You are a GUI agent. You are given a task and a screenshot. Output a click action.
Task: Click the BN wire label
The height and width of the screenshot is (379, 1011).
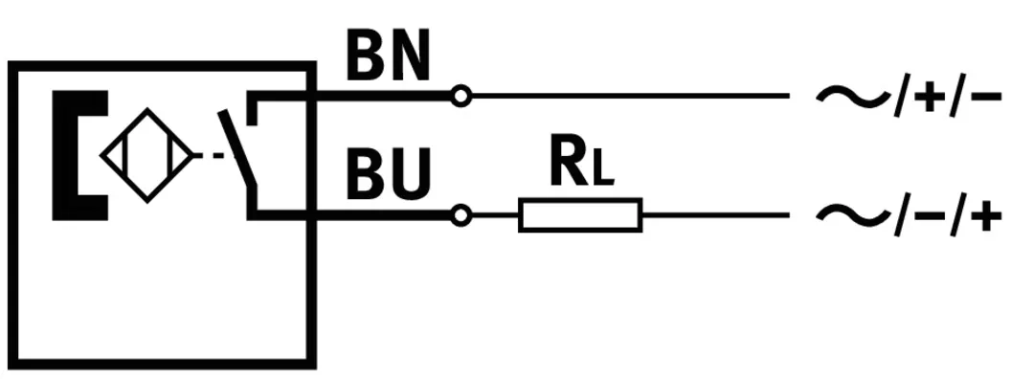[x=388, y=56]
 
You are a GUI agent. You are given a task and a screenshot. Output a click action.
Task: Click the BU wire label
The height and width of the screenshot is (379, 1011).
[x=388, y=174]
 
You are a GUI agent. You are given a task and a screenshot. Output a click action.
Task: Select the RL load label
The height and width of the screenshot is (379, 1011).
[x=581, y=162]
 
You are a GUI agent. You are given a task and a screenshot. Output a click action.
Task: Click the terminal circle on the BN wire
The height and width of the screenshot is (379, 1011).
[x=461, y=96]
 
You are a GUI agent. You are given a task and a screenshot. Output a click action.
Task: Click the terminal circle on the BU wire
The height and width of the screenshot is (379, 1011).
[x=461, y=215]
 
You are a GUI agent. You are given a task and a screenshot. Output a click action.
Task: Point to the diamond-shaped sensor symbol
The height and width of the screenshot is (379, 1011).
[x=147, y=155]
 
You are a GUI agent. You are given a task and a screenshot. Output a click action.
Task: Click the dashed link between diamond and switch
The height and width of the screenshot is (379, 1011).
[x=211, y=155]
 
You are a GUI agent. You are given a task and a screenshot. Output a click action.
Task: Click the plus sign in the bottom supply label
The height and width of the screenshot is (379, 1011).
[x=986, y=215]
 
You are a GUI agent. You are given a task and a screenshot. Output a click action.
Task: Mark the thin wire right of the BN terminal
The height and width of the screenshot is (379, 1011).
[x=631, y=96]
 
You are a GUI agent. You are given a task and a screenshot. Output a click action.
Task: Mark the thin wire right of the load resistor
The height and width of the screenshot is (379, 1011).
[x=716, y=215]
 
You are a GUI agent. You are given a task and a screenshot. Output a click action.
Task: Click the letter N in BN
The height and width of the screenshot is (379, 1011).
[x=409, y=56]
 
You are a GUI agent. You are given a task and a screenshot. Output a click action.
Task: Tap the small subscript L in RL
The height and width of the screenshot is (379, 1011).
[x=602, y=169]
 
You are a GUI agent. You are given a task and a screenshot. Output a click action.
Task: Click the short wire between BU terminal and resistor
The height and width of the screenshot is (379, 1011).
[x=495, y=215]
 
